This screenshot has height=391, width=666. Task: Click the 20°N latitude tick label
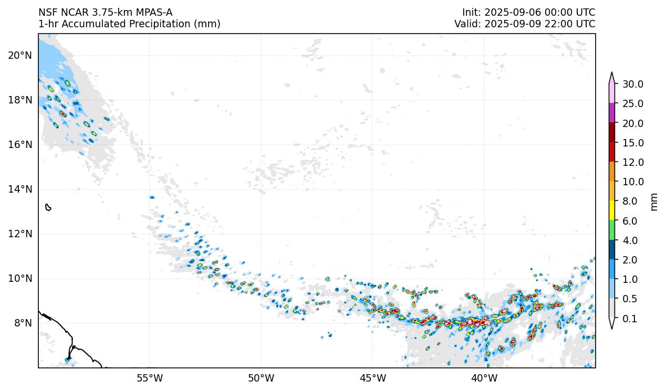point(20,55)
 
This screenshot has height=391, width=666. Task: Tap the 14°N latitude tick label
point(20,189)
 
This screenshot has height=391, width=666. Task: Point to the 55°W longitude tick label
point(150,378)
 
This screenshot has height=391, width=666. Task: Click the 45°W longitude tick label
point(373,378)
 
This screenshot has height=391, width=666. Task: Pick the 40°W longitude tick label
point(484,378)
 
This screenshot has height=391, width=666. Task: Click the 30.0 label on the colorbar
point(633,84)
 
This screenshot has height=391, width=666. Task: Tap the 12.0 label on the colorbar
point(633,162)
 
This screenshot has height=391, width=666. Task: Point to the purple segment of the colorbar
point(612,113)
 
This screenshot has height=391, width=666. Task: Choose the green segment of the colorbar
point(612,230)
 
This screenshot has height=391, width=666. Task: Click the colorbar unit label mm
point(654,202)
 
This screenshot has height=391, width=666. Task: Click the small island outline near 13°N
point(48,207)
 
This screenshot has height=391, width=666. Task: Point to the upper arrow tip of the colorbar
point(612,73)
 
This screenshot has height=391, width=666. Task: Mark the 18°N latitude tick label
point(20,100)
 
